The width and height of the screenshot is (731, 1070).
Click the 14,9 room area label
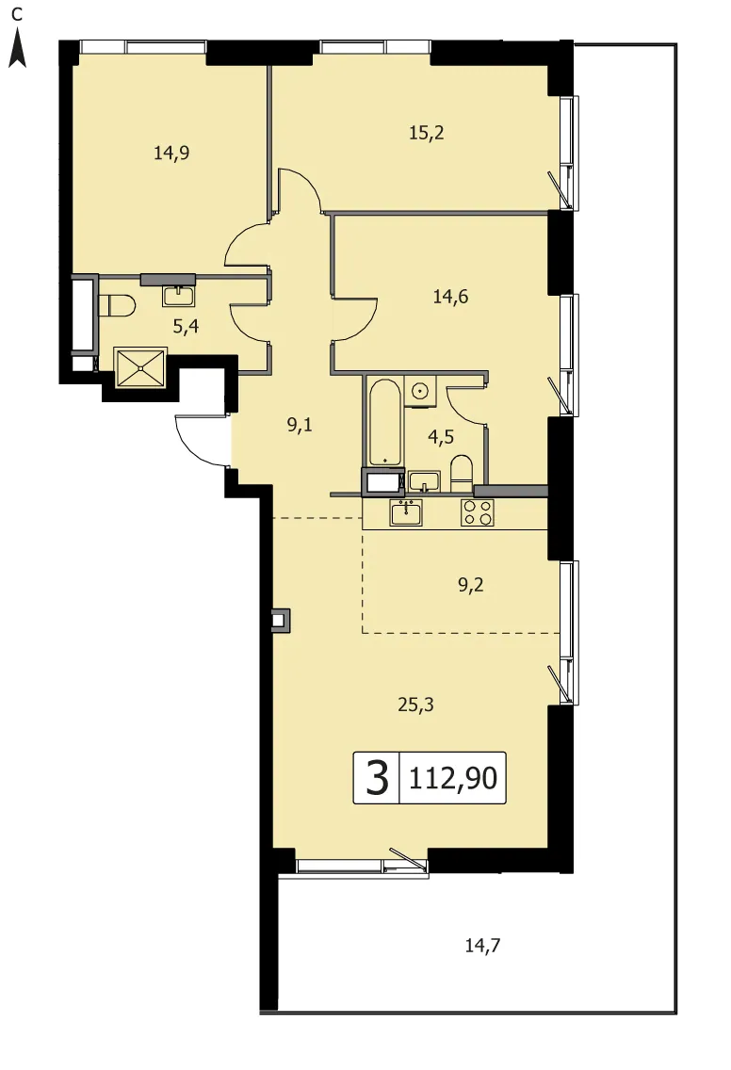click(x=171, y=153)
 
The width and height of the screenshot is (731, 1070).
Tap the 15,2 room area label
click(x=427, y=133)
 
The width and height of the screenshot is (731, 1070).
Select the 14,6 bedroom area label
click(x=450, y=297)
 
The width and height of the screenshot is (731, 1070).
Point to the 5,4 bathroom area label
click(x=186, y=326)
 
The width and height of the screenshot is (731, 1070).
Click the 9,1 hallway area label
click(x=300, y=426)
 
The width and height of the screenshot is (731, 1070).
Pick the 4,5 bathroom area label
click(x=441, y=437)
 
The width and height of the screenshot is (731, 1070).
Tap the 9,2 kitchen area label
click(x=471, y=585)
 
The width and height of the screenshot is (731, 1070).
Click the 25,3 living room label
click(x=415, y=705)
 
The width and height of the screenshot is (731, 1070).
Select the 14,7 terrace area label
click(x=482, y=946)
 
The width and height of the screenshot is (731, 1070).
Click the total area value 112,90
click(x=453, y=778)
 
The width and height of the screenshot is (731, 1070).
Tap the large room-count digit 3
click(x=378, y=778)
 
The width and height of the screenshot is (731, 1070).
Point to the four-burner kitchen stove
click(x=477, y=512)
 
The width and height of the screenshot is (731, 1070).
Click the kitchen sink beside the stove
click(x=406, y=512)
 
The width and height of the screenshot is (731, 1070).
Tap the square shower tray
click(x=140, y=367)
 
